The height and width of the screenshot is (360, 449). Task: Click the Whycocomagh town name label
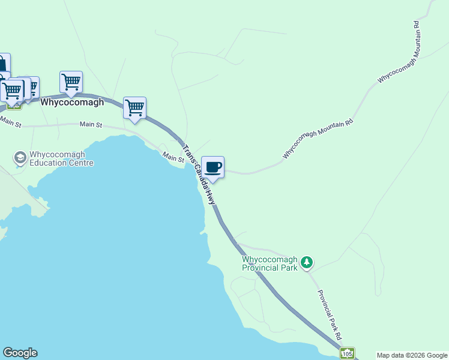click(x=72, y=102)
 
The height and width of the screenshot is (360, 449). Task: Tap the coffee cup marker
click(x=213, y=167)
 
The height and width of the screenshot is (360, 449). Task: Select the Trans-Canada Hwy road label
click(x=199, y=175)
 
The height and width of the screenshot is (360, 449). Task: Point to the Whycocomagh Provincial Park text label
click(x=270, y=264)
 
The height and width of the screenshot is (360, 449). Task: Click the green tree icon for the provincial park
click(x=307, y=262)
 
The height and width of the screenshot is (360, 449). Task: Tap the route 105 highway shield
click(x=347, y=354)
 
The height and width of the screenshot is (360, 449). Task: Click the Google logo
click(x=20, y=353)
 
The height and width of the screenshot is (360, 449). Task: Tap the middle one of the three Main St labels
click(x=91, y=125)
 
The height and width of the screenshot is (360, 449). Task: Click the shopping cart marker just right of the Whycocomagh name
click(x=135, y=109)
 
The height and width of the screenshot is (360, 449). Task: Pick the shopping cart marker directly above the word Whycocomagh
click(x=71, y=82)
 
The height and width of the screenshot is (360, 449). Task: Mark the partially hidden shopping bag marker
click(x=3, y=64)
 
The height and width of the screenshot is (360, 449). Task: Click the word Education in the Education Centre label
click(x=49, y=163)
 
